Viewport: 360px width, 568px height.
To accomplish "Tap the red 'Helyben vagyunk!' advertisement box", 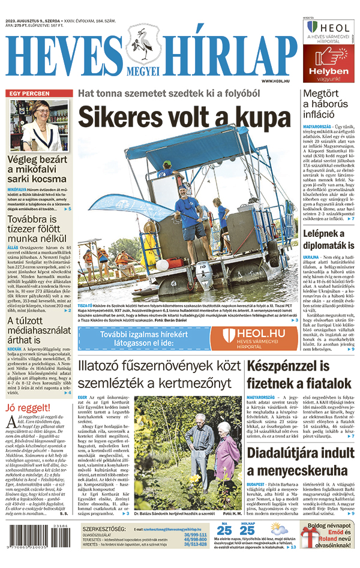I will tap(328, 63).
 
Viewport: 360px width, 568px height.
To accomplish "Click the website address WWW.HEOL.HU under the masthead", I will tap(277, 81).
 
